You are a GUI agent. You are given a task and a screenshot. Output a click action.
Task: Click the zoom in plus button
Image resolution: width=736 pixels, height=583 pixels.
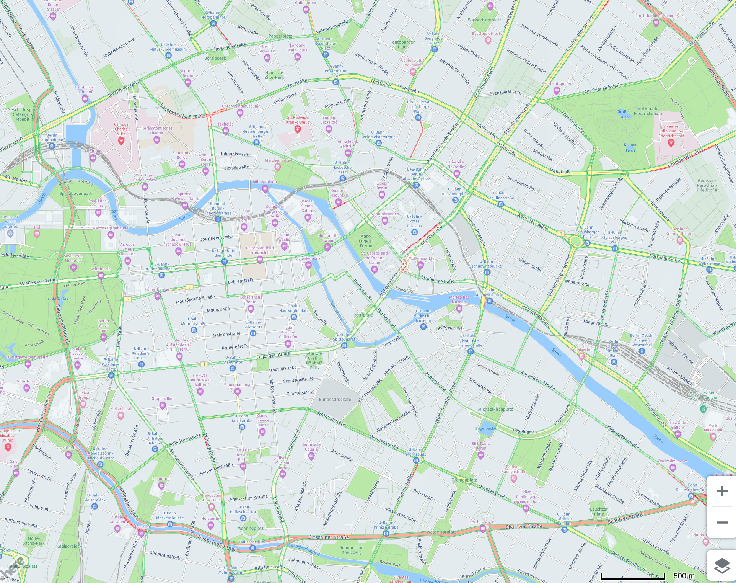coord(722,491)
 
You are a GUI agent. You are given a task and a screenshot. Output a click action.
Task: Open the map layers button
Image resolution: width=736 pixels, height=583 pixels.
coord(722,565)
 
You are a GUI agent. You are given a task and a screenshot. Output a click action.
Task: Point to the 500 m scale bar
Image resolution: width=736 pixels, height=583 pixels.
coord(633,576)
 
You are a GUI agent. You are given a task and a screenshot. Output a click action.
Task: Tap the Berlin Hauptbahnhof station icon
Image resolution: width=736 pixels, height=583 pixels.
coord(52,146)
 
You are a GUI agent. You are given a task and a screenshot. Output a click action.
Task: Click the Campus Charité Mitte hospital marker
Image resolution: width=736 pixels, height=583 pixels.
coord(121,141)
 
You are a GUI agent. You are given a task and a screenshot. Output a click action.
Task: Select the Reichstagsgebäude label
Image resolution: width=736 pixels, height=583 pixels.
coord(111,228)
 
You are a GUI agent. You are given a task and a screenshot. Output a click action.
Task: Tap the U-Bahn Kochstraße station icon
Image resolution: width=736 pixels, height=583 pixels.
coord(242,427)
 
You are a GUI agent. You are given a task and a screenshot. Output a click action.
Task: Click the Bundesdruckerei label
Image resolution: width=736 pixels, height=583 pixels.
coord(335,400)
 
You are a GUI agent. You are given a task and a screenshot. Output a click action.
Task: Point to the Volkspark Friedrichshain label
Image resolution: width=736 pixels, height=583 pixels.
coord(648,111)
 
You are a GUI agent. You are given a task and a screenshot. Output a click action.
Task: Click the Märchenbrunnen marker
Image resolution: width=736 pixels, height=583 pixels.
coord(557,90)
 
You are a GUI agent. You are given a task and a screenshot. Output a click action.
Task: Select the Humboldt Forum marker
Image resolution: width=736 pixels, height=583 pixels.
coord(327,247)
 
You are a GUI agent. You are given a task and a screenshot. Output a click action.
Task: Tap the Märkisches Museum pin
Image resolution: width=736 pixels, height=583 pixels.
coord(459,309)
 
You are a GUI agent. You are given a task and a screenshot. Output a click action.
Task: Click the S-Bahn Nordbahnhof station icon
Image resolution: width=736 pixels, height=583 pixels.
coord(213,24)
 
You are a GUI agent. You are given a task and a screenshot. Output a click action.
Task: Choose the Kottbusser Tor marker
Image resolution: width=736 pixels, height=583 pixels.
coord(483,528)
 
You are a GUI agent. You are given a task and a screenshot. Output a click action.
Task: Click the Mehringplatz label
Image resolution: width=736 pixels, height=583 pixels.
coord(251,528)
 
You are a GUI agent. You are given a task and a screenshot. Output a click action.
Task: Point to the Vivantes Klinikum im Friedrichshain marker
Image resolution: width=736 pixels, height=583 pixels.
coord(671,142)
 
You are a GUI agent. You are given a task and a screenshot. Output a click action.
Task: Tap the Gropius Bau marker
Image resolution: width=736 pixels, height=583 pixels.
coord(163,405)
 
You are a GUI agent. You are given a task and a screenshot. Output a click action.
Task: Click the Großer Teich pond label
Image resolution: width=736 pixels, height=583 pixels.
coord(624,114)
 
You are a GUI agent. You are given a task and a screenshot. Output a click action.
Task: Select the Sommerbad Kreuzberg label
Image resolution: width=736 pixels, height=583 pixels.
coord(351,550)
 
